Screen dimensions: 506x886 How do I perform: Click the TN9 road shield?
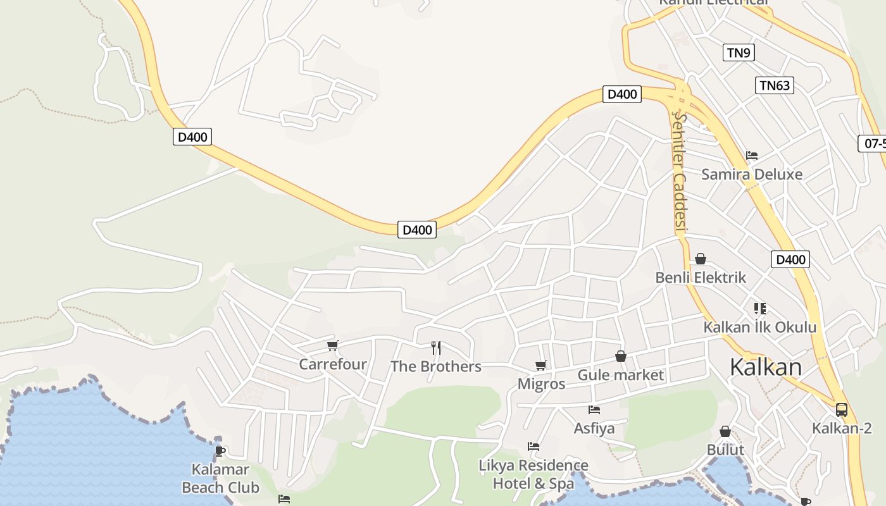point(739,52)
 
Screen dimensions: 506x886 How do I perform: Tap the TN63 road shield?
point(775,85)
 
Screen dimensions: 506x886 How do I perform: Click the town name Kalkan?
point(765,367)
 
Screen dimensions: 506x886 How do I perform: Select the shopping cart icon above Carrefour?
point(332,345)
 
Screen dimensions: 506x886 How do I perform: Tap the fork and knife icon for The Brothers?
point(435,347)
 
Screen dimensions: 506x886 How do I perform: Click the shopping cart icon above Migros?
point(540,365)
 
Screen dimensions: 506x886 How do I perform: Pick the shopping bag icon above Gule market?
point(621,356)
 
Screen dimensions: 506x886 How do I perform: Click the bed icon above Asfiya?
point(594,410)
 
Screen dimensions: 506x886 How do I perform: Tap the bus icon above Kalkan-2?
point(841,409)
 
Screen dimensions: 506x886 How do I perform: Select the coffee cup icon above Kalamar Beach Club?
point(220,451)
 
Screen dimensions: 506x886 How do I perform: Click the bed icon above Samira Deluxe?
point(751,155)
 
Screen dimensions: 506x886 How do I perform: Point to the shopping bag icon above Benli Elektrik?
point(700,258)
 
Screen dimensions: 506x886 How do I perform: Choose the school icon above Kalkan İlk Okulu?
point(759,309)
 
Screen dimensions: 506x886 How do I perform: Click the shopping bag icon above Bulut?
point(725,431)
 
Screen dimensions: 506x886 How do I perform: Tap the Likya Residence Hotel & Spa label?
point(533,475)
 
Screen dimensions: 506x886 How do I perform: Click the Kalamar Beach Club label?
point(220,479)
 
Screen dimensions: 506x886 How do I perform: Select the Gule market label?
point(621,375)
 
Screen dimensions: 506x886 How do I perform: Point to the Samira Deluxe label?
point(751,174)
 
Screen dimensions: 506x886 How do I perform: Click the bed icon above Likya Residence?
point(533,447)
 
